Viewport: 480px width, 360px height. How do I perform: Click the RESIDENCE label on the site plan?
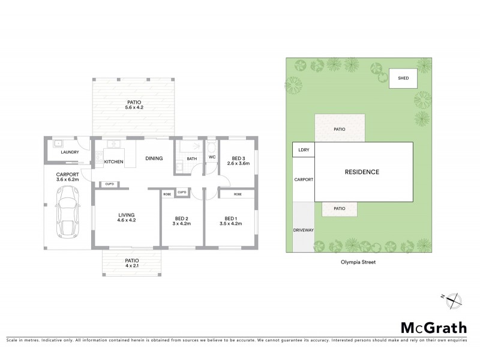[x=362, y=172]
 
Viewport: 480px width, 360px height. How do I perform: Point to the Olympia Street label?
[x=354, y=262]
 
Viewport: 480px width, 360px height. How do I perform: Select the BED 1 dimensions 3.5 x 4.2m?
[x=231, y=224]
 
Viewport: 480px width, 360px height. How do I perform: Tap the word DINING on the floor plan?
[x=155, y=159]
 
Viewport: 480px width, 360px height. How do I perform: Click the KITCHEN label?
[x=114, y=162]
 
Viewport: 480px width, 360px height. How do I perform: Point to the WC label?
[x=212, y=158]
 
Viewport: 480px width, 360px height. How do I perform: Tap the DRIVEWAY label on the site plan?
[x=303, y=230]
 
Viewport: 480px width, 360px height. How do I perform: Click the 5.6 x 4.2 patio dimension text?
[x=134, y=107]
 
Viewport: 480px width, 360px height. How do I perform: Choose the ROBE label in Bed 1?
[x=238, y=194]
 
